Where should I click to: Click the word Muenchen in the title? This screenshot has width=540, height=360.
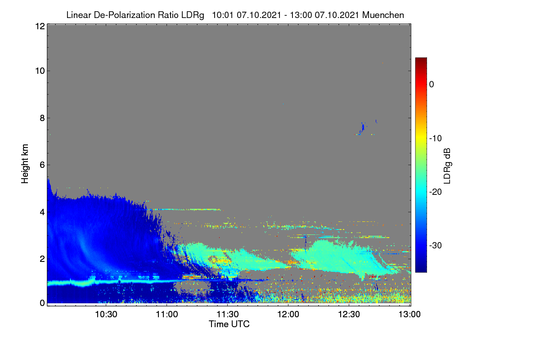point(383,15)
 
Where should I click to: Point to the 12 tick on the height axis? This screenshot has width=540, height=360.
point(40,26)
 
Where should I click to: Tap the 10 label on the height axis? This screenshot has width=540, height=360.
point(40,71)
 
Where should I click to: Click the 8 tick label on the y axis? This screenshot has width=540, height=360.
point(42,118)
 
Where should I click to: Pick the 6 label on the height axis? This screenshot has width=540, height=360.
point(42,165)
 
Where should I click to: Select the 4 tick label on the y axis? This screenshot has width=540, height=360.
point(42,212)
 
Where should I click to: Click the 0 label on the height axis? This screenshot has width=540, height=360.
point(42,303)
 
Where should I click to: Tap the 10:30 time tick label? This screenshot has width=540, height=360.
point(106,315)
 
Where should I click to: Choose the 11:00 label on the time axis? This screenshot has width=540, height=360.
point(167,315)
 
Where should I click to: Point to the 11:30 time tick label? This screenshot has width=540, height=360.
point(228,315)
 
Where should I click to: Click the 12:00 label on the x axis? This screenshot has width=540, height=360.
point(288,315)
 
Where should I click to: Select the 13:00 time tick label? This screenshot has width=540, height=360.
point(409,315)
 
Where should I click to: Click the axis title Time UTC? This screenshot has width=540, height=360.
point(229,324)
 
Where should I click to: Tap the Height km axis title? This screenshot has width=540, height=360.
point(25,164)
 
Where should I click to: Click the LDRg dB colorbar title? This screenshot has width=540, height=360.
point(447,166)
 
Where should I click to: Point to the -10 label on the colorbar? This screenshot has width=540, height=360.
point(436,139)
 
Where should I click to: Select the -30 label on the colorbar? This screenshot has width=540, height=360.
point(436,245)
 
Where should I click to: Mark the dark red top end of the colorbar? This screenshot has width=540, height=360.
point(421,58)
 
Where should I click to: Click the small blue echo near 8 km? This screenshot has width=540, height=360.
point(362,128)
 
